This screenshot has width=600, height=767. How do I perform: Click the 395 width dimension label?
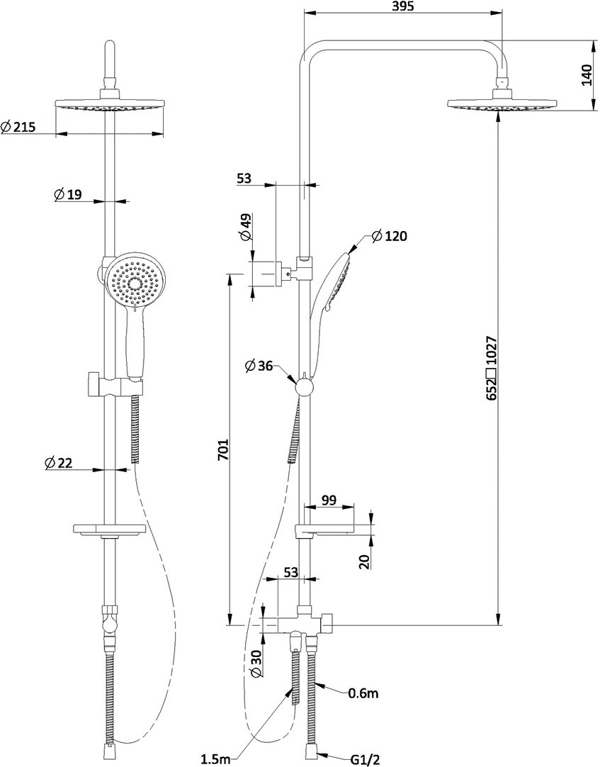403,6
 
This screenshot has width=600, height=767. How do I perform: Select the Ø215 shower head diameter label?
18,127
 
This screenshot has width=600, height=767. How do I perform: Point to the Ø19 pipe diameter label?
67,195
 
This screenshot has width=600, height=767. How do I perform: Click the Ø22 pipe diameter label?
58,463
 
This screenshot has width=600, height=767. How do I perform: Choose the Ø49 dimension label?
247,228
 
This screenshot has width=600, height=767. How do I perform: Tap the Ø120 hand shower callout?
389,236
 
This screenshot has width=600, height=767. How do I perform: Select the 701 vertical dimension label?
223,449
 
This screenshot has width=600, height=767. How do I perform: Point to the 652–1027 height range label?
492,368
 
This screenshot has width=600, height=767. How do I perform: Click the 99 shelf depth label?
329,500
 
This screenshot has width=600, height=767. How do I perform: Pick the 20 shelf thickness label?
363,561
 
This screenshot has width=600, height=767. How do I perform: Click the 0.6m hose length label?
363,693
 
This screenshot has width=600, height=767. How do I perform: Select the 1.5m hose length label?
216,758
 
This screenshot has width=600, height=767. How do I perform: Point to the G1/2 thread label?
363,759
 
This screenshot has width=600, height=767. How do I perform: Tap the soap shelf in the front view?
110,530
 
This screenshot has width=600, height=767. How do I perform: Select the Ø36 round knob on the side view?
304,388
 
